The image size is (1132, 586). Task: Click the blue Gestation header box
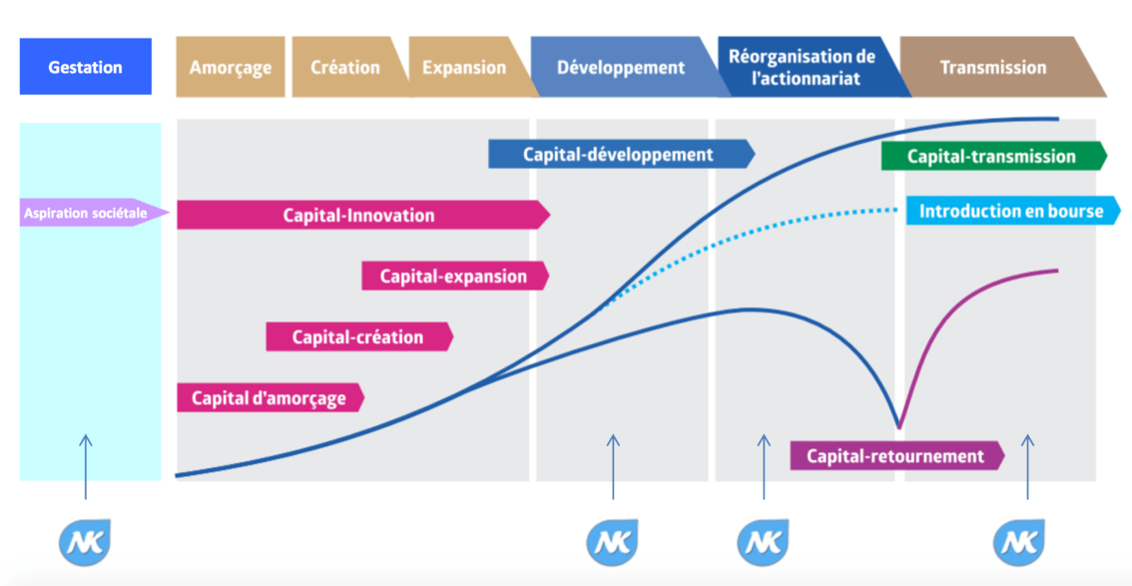click(85, 67)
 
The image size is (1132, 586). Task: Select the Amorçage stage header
click(230, 67)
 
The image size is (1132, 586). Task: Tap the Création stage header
click(345, 67)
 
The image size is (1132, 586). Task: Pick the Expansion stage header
click(464, 67)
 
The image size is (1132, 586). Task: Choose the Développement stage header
click(621, 68)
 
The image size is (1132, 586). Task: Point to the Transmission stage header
click(993, 67)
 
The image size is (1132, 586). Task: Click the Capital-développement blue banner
click(619, 154)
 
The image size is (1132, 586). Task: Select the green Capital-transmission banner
click(991, 156)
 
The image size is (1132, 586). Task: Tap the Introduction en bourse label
click(1011, 211)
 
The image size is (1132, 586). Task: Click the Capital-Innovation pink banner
click(359, 215)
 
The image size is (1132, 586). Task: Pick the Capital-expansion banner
click(454, 277)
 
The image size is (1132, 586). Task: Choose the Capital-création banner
click(357, 336)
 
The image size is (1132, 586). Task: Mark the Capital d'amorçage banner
click(269, 397)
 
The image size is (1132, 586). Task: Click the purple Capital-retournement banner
click(895, 456)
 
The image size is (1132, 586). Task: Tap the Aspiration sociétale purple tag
click(86, 212)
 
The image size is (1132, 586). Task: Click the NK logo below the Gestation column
click(85, 542)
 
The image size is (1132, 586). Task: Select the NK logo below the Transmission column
click(1019, 542)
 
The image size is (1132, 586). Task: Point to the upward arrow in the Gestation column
click(85, 465)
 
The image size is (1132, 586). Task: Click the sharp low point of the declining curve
click(898, 427)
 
